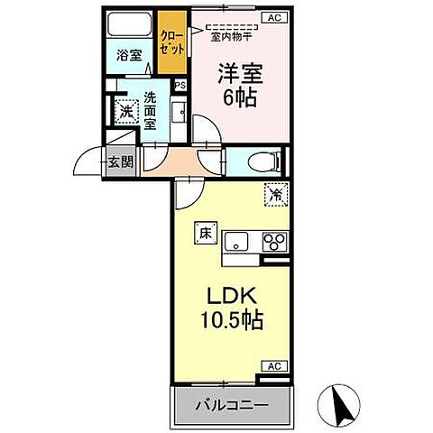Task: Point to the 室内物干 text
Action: tap(229, 36)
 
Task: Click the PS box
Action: tap(180, 85)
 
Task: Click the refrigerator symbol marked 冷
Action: tap(274, 192)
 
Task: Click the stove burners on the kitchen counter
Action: tap(273, 241)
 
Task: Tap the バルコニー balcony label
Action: tap(232, 405)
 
